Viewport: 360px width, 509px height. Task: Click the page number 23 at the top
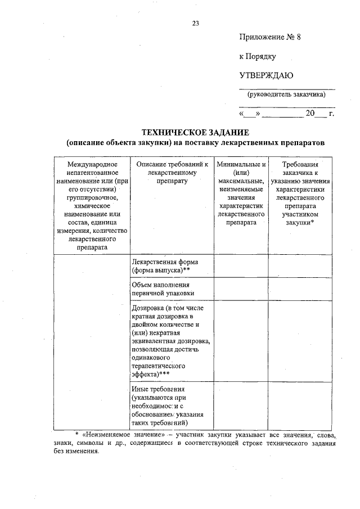[x=195, y=23]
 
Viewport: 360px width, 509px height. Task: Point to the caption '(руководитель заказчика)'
[x=287, y=94]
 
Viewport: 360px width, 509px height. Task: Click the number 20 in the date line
[x=310, y=114]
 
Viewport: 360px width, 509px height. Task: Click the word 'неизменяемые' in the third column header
[x=241, y=188]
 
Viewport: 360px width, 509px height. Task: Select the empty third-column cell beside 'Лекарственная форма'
[x=241, y=266]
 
